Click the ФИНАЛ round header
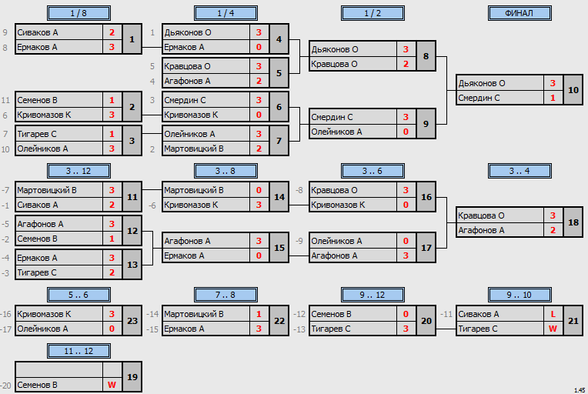pos(520,13)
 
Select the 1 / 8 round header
pos(79,13)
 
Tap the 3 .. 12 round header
pos(79,171)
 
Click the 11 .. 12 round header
pos(79,351)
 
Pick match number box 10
pos(573,90)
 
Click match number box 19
pos(132,377)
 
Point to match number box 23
pos(132,321)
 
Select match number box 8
pos(426,56)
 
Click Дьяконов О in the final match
pos(482,83)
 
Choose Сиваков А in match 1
pos(38,32)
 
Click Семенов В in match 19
pos(37,385)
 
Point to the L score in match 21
pos(553,314)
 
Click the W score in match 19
pos(112,385)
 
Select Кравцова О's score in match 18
pos(553,215)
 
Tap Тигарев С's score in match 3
pos(112,134)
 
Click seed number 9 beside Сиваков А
pos(5,32)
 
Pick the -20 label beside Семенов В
pos(5,385)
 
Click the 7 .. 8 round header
pos(226,295)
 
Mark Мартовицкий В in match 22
pos(194,314)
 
